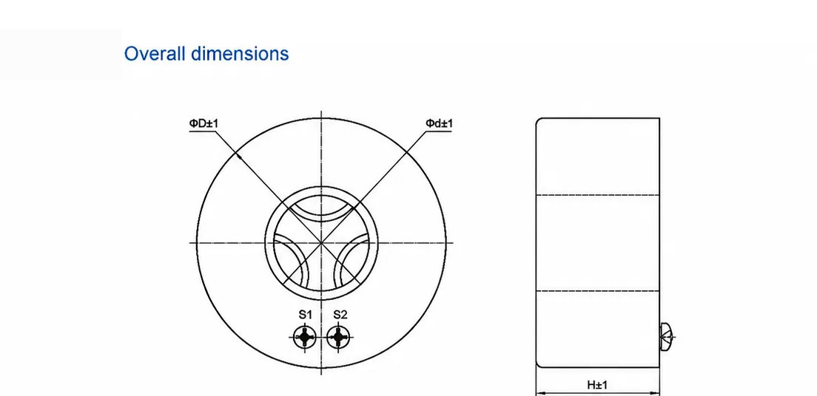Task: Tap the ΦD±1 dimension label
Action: coord(204,123)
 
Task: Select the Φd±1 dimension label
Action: coord(440,123)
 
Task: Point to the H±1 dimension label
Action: coord(597,385)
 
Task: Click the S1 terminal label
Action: coord(305,315)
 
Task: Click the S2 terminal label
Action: coord(340,315)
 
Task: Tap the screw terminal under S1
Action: coord(304,337)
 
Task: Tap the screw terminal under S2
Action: coord(339,337)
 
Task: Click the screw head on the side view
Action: coord(667,337)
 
